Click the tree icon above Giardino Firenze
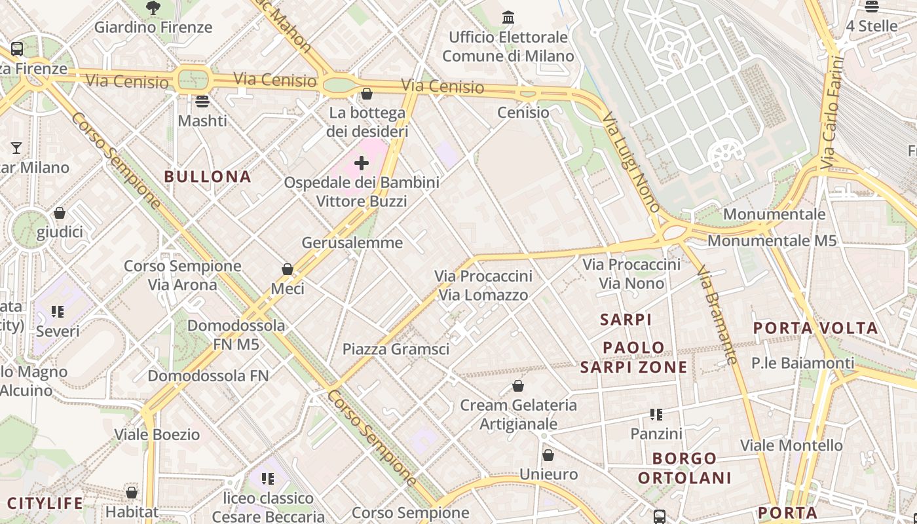153,8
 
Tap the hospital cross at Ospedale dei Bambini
362,163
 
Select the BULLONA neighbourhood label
208,176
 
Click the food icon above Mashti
202,102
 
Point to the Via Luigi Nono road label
631,161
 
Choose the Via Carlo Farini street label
832,112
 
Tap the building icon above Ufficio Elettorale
508,18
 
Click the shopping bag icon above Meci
287,269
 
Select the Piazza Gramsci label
396,349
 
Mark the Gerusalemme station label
352,242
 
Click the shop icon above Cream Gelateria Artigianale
518,386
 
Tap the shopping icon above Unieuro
548,455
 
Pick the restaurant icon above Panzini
656,415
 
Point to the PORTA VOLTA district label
815,328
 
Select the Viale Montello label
791,445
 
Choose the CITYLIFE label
45,503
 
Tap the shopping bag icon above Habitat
132,493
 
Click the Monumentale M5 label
772,240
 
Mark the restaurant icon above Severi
58,312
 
